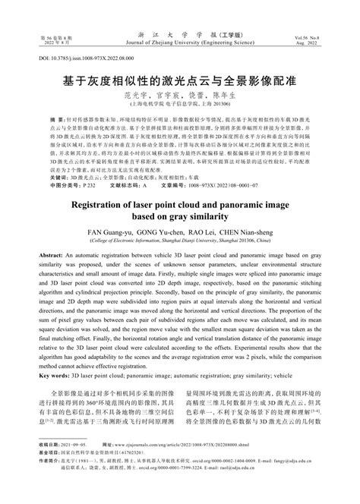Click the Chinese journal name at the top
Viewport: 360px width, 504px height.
pos(179,35)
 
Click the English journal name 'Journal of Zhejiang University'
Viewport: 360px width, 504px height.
pos(179,44)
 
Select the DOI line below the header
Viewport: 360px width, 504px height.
pos(77,58)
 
